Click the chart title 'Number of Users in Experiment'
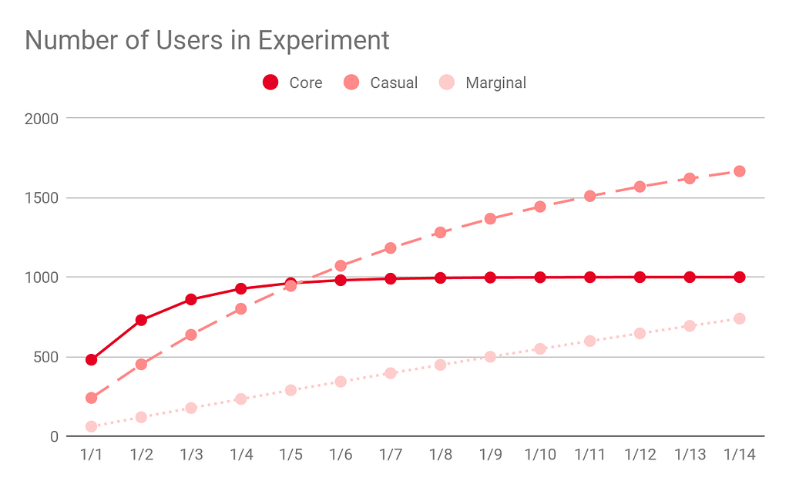207,40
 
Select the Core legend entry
293,82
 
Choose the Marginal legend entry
483,82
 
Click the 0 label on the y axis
54,436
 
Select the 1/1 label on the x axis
92,455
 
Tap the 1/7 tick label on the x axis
391,455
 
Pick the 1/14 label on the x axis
739,455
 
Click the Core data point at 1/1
92,359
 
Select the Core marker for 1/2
141,320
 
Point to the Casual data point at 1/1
92,398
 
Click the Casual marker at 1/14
739,171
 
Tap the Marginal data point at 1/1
92,426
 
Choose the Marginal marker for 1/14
739,318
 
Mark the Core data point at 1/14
739,277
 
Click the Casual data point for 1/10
540,207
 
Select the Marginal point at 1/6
341,382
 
